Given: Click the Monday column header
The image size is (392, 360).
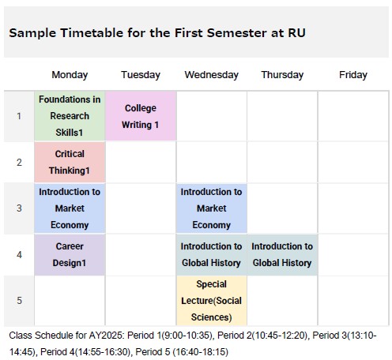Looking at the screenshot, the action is (x=70, y=75).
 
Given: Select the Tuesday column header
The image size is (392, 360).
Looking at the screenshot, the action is (x=141, y=75).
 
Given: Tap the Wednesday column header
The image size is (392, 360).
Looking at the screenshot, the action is (x=212, y=75).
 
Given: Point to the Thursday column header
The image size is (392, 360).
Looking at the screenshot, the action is (x=282, y=75).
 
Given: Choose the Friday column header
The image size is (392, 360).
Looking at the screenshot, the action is (x=353, y=75).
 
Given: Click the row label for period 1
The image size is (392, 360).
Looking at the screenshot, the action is (x=19, y=116).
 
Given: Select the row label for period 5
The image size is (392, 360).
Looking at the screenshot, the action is (x=19, y=301).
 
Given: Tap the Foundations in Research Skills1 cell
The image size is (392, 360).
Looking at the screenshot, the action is (x=70, y=116).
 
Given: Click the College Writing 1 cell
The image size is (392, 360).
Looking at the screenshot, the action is (x=141, y=116).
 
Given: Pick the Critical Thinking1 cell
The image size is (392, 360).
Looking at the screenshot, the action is (x=70, y=162).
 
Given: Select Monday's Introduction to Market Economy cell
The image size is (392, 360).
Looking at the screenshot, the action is (x=70, y=208).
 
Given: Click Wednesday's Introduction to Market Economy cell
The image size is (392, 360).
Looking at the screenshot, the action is (x=212, y=208).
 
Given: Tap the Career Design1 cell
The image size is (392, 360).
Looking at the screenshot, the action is (x=70, y=255).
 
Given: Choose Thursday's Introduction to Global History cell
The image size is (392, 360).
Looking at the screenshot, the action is (x=282, y=255).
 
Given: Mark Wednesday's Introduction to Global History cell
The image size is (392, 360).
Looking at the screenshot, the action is (x=212, y=255).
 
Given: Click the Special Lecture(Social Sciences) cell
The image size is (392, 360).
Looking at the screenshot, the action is (x=212, y=301).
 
